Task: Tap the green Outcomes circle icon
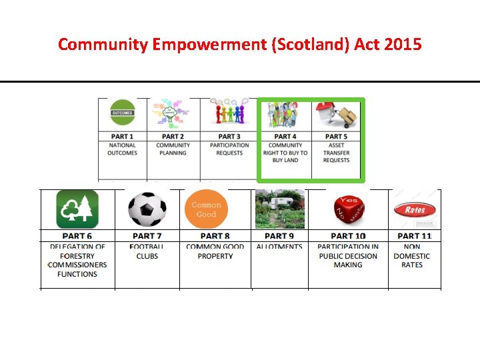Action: tap(122, 113)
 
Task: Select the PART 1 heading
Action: tap(122, 137)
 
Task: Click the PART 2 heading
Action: tap(173, 137)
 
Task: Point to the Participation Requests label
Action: tap(229, 149)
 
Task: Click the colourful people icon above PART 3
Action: tap(229, 113)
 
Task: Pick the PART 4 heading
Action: tap(285, 137)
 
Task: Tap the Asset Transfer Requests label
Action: tap(337, 153)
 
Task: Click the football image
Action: tap(147, 209)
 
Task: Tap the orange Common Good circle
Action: tap(207, 209)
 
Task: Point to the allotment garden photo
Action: tap(279, 209)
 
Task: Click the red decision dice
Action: tap(347, 209)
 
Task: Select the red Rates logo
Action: tap(414, 209)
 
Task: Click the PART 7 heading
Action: tap(147, 236)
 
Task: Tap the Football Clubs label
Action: tap(147, 251)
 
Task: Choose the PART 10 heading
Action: tap(348, 236)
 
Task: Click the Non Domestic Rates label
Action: tap(412, 256)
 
